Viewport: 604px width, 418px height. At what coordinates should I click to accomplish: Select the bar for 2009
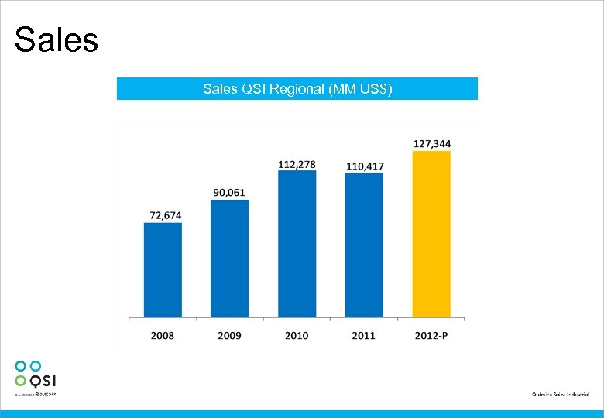coord(229,259)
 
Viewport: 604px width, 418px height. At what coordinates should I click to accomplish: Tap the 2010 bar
coord(297,244)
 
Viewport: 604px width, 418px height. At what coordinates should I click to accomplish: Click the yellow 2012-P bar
coord(431,234)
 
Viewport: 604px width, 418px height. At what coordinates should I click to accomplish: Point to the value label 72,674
coord(162,214)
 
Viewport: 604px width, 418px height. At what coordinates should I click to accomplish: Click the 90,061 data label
coord(229,192)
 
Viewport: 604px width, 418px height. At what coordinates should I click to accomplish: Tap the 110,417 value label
coord(364,166)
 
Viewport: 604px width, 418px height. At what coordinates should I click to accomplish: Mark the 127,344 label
coord(432,143)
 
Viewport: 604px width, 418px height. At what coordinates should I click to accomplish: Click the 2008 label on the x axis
coord(163,335)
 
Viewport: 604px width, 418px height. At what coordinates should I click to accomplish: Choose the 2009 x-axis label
coord(229,335)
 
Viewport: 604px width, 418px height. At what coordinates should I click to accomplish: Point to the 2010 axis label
coord(297,335)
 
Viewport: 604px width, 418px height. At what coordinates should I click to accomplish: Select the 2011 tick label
coord(364,335)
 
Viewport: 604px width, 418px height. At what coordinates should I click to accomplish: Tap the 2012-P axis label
coord(431,335)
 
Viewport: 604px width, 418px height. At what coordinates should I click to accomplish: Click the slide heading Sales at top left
coord(57,40)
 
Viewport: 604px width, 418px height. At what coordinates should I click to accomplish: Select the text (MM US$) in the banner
coord(361,89)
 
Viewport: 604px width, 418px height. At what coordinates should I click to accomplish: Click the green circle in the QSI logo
coord(21,380)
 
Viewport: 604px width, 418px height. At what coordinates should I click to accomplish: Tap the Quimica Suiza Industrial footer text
coord(560,395)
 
